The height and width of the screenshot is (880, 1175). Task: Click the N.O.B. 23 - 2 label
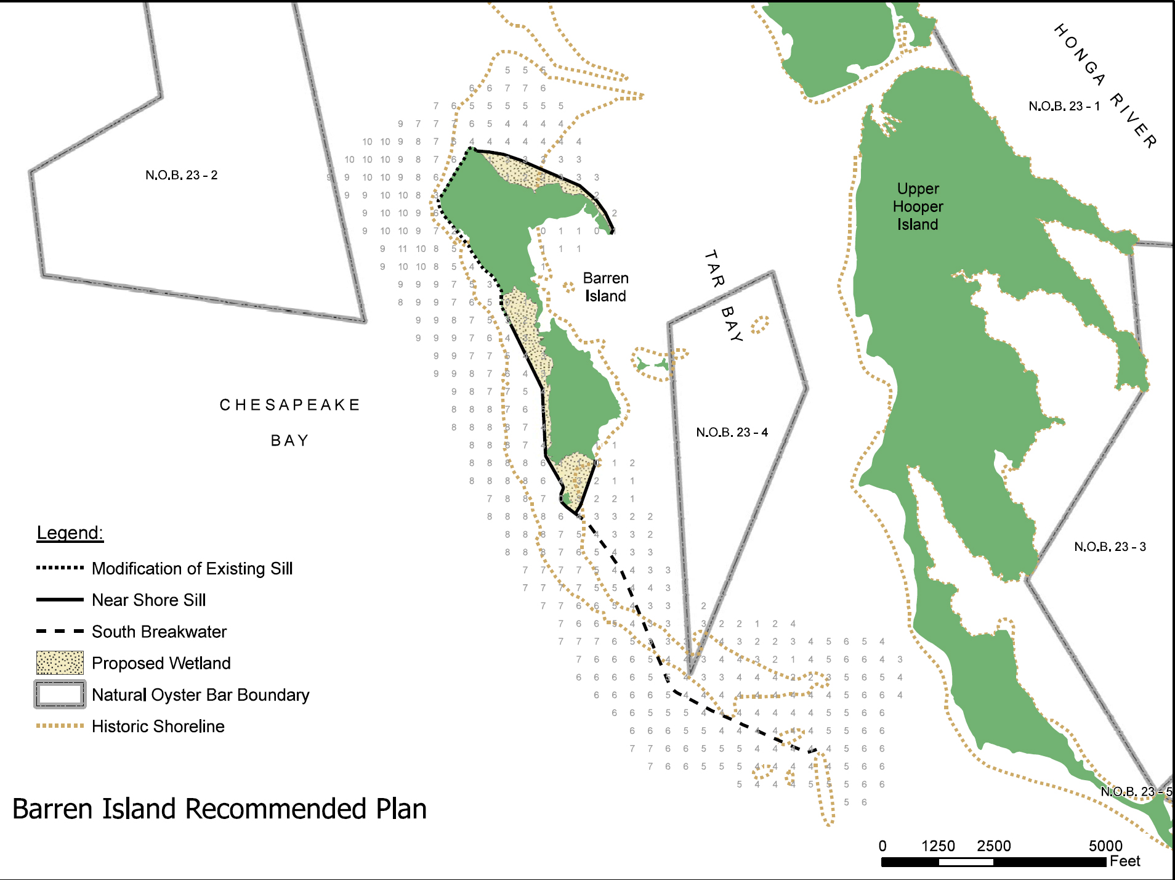pyautogui.click(x=181, y=175)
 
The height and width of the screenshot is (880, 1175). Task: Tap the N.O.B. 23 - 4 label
pyautogui.click(x=732, y=432)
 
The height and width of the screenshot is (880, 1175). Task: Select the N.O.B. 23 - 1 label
pyautogui.click(x=1064, y=106)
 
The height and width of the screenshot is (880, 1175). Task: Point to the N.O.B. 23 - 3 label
pyautogui.click(x=1110, y=547)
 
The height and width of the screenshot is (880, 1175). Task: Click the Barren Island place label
pyautogui.click(x=605, y=287)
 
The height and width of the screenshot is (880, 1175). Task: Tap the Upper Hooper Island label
pyautogui.click(x=918, y=206)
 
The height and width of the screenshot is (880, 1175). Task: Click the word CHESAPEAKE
pyautogui.click(x=289, y=405)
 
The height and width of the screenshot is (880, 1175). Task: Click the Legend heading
pyautogui.click(x=70, y=532)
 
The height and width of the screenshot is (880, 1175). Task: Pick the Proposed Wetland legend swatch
pyautogui.click(x=60, y=663)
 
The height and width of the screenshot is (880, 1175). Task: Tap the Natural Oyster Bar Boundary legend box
pyautogui.click(x=60, y=695)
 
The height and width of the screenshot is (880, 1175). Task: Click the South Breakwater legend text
pyautogui.click(x=159, y=632)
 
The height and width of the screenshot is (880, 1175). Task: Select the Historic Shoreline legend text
pyautogui.click(x=158, y=726)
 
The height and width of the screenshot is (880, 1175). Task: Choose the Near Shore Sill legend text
pyautogui.click(x=148, y=600)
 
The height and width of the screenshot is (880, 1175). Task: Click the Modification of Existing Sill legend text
pyautogui.click(x=192, y=568)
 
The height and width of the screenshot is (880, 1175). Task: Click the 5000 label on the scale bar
pyautogui.click(x=1105, y=845)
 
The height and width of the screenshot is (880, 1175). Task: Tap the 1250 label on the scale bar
pyautogui.click(x=938, y=845)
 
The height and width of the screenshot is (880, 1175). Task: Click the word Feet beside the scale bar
pyautogui.click(x=1125, y=861)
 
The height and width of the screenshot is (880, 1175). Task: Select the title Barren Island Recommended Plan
pyautogui.click(x=219, y=809)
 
